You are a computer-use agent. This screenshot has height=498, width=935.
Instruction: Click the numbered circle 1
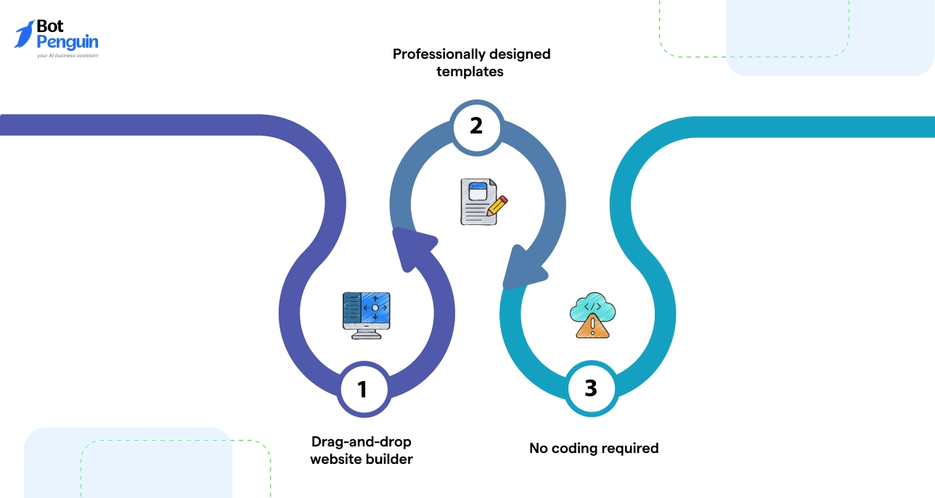363,390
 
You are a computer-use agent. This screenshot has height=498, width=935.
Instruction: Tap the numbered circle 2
476,126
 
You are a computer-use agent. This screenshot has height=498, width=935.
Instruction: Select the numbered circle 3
591,388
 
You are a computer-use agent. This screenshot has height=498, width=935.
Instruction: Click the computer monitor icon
367,314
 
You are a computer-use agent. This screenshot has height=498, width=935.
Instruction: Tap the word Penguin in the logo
68,42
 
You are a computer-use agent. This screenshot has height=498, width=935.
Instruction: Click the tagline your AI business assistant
67,56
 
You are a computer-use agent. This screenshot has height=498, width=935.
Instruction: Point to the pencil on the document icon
497,205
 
